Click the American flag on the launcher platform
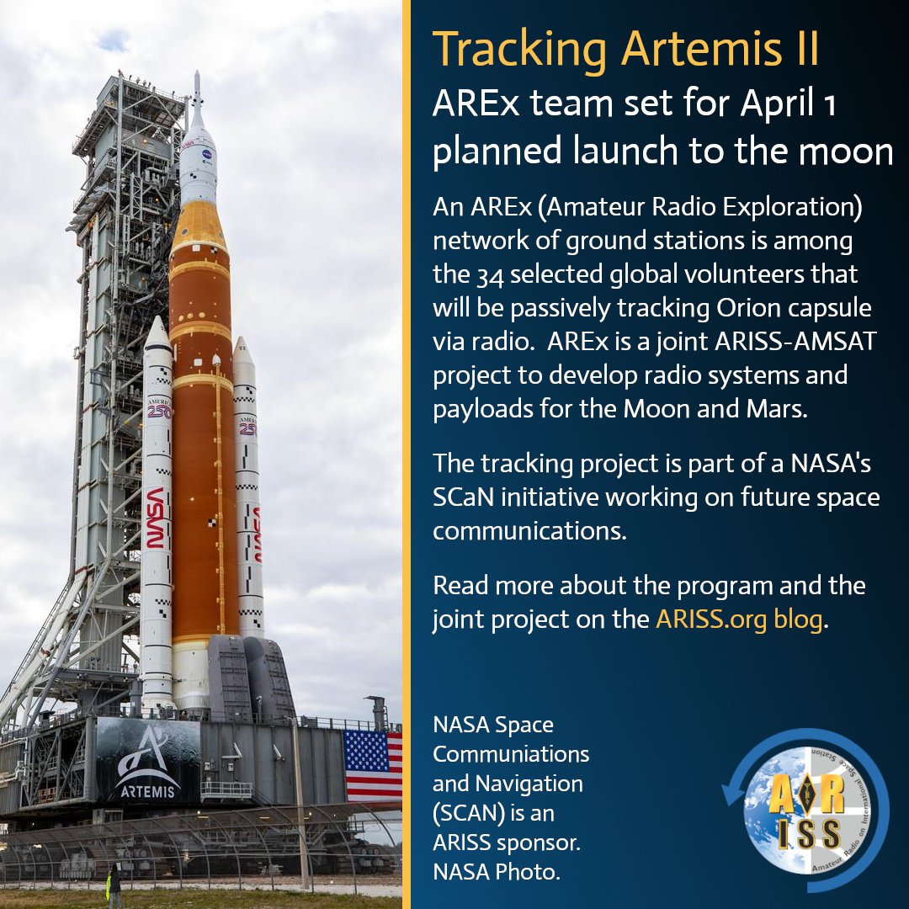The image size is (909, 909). point(373,764)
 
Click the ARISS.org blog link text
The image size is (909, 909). point(738,620)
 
